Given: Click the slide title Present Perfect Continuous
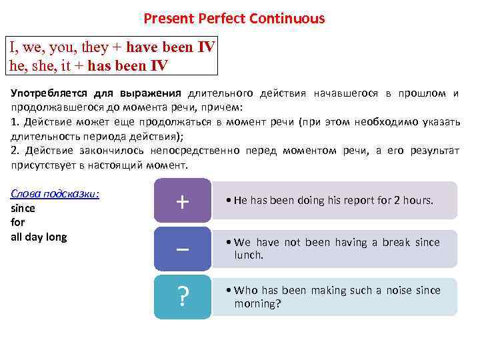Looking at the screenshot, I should tap(234, 19).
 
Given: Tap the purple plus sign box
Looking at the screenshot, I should tap(182, 201).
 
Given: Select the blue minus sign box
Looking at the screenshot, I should tap(182, 249).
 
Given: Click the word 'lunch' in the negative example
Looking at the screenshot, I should tap(248, 255).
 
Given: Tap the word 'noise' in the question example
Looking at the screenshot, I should tap(393, 291).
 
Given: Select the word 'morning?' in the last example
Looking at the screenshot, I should tap(257, 304).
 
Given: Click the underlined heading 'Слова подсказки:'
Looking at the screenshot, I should tap(55, 194).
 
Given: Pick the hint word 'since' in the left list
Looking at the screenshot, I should tap(23, 208).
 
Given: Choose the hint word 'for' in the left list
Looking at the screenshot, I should tap(18, 223).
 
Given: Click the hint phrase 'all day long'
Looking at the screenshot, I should tap(39, 237).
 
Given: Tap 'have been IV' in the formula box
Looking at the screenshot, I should tap(171, 47).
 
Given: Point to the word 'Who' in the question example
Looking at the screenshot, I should tap(246, 291).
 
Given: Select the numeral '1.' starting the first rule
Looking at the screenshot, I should tap(15, 121).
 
